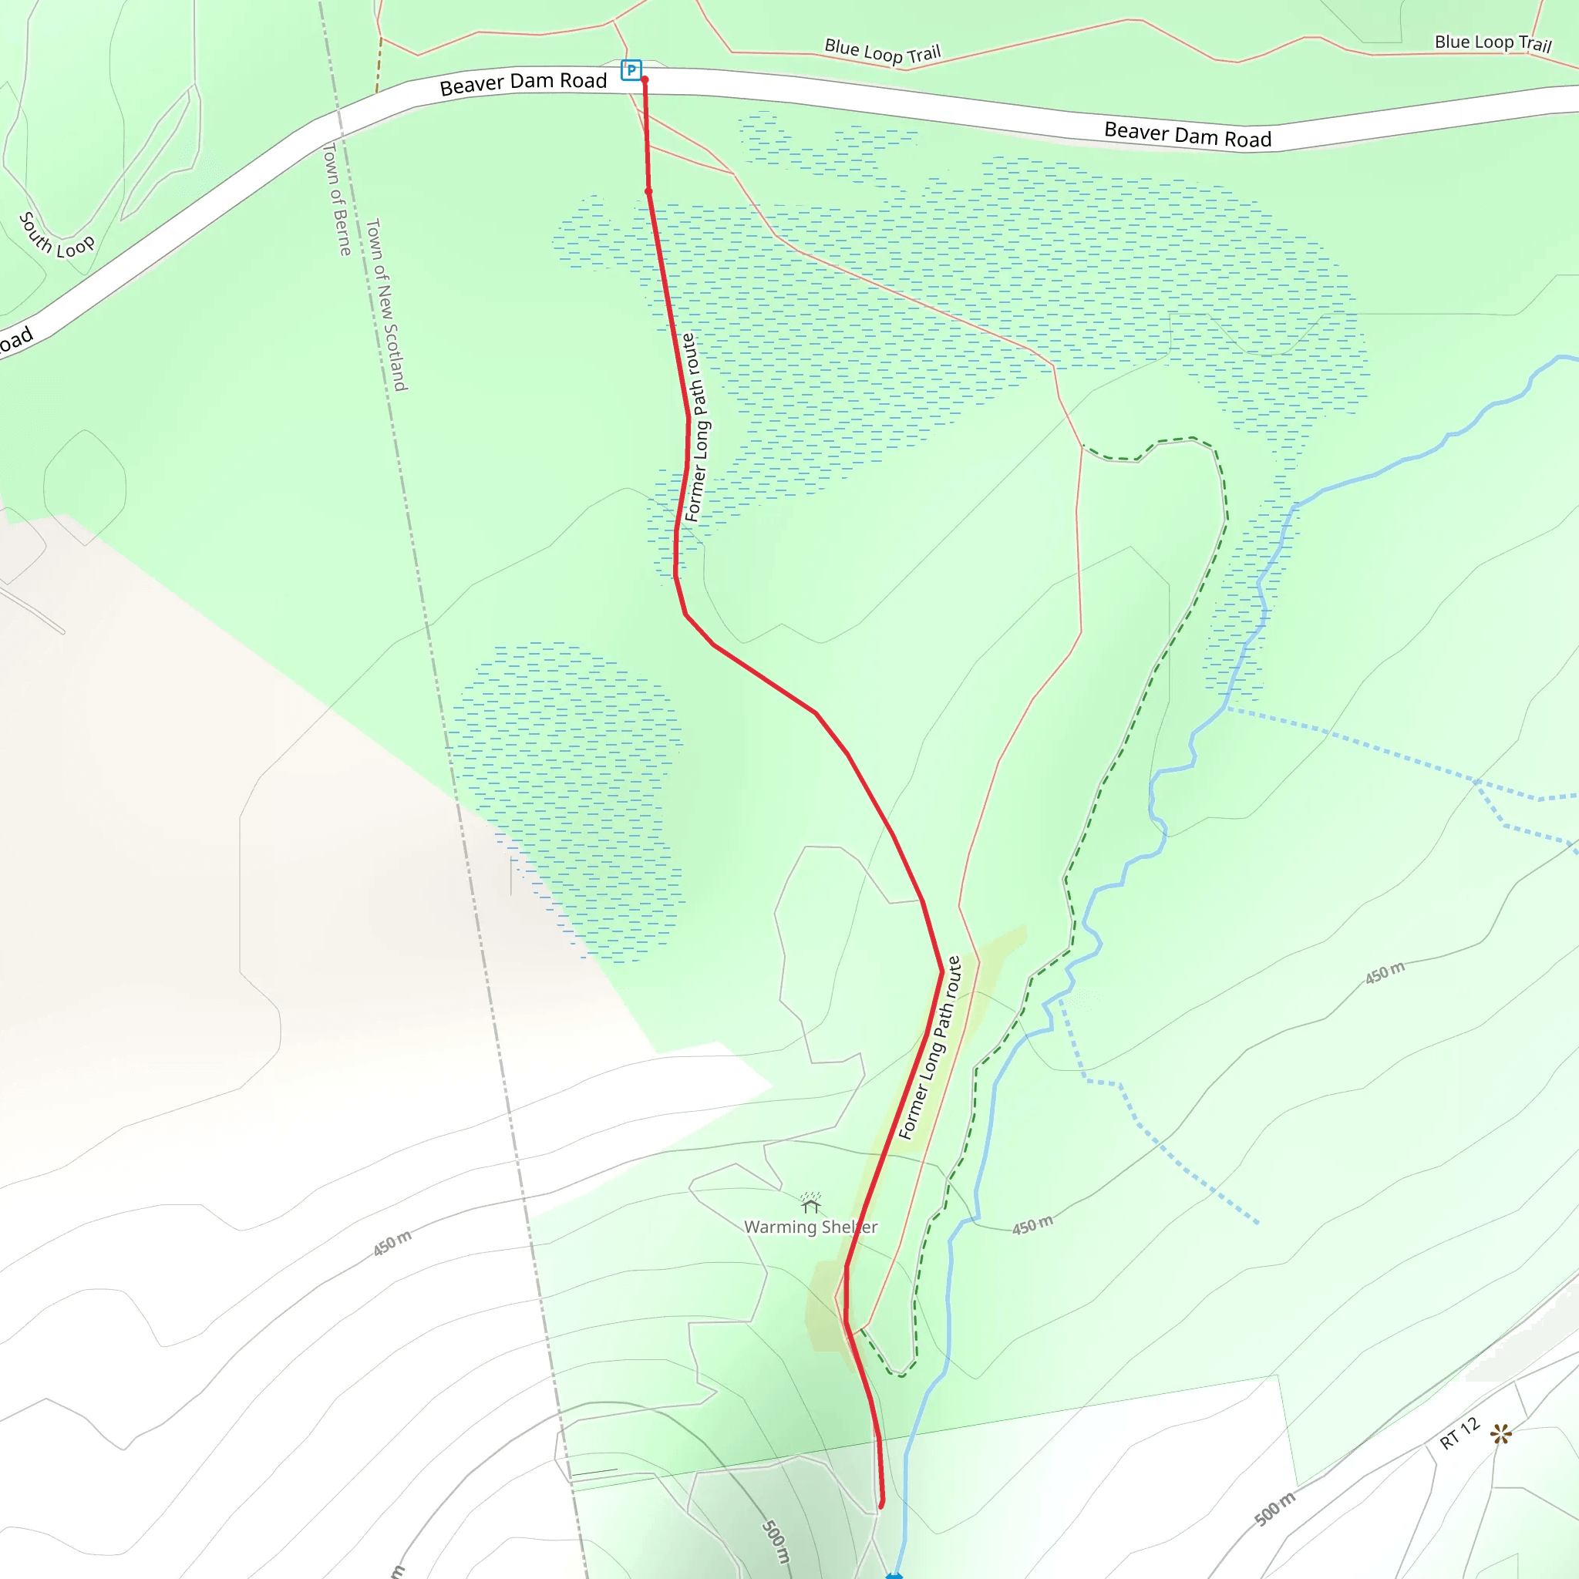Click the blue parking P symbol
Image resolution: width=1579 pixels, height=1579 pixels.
[x=631, y=70]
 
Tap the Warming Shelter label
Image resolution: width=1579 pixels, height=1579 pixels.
[x=810, y=1227]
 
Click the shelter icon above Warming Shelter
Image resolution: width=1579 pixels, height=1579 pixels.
[x=811, y=1203]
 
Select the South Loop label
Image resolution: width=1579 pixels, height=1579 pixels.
[x=56, y=236]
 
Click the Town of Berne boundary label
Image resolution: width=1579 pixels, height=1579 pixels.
[x=337, y=199]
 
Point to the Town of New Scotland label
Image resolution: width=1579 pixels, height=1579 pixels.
[x=385, y=304]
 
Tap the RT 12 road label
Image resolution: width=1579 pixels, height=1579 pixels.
[x=1459, y=1433]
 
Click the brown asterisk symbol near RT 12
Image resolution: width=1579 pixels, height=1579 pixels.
[x=1500, y=1433]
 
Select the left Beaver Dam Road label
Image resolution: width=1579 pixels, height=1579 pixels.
[x=523, y=82]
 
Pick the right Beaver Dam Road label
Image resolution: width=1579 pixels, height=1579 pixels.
[x=1187, y=135]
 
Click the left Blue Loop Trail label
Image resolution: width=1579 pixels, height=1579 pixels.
[x=883, y=52]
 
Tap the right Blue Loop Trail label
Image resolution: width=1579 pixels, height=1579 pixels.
[x=1493, y=42]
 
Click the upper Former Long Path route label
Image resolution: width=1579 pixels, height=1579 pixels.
[x=696, y=427]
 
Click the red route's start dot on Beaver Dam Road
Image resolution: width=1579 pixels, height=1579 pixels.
[x=645, y=80]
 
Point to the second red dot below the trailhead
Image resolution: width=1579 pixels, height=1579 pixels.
[x=649, y=191]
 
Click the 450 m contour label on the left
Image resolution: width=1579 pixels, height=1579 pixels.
[x=392, y=1243]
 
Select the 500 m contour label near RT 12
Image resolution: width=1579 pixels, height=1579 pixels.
[x=1275, y=1509]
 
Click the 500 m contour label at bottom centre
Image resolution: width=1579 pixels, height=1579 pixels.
[x=776, y=1541]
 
